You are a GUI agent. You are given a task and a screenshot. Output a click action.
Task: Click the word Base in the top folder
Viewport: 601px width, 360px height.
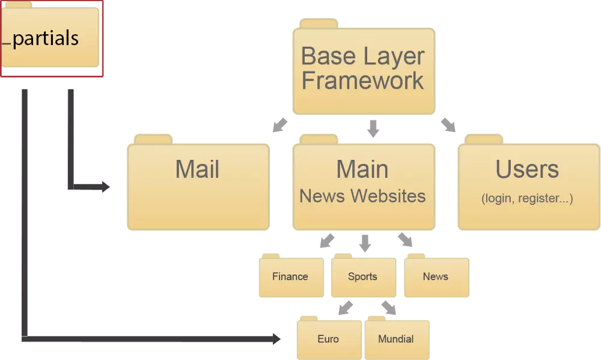pos(325,56)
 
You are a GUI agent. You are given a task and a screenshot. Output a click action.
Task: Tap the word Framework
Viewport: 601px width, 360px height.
pos(363,81)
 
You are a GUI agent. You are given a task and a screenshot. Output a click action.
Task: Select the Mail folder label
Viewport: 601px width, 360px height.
pos(197,169)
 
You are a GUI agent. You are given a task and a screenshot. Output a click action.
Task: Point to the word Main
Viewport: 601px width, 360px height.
pos(362,169)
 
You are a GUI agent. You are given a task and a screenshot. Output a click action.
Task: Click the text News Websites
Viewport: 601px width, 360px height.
pos(362,195)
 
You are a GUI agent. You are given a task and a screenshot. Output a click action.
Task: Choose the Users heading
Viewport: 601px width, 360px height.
pos(527,169)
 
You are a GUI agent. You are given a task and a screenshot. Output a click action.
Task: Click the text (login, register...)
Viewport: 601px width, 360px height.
pos(527,198)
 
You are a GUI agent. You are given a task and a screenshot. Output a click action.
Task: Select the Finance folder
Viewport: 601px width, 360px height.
pos(290,277)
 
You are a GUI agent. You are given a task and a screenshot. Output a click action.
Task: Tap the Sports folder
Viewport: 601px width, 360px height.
pos(363,277)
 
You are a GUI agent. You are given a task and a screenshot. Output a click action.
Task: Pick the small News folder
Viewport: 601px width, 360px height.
pos(436,277)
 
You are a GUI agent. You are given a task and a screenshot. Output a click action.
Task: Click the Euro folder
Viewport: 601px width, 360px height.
pos(328,340)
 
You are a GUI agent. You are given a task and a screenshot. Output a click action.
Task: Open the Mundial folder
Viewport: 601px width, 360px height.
pos(396,340)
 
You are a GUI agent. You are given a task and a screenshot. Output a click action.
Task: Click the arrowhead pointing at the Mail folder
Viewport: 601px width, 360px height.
pos(106,187)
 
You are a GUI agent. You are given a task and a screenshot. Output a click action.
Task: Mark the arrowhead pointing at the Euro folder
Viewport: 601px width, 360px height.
pos(276,339)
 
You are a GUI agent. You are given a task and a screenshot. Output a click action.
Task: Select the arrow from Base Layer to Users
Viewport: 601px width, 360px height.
pos(448,125)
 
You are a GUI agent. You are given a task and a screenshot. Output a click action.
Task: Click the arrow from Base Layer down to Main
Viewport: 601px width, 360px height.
pos(373,127)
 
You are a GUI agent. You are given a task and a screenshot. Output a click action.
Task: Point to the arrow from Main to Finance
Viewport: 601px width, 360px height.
pos(327,241)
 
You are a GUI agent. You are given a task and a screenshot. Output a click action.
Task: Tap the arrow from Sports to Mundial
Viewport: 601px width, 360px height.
pos(389,308)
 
